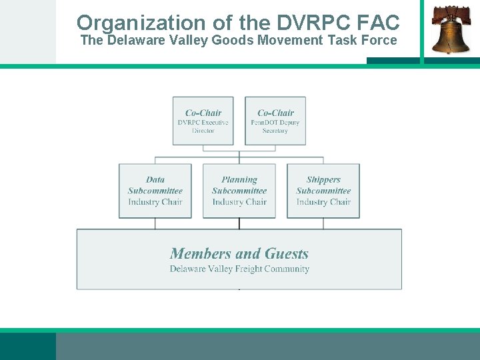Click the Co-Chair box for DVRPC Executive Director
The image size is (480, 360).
(x=203, y=121)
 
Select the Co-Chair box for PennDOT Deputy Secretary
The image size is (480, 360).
(x=275, y=121)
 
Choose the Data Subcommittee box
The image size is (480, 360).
(x=155, y=191)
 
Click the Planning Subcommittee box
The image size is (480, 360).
(x=239, y=191)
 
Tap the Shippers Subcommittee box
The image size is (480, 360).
(x=323, y=191)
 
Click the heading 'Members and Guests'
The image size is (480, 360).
(x=239, y=253)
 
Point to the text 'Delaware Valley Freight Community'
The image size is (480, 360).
(x=239, y=269)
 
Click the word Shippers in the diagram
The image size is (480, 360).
(x=323, y=179)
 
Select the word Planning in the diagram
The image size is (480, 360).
(x=239, y=179)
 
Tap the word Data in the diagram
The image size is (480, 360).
(x=155, y=179)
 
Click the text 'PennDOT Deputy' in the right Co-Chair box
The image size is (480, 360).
(x=275, y=123)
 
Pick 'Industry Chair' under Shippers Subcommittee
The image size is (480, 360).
(x=323, y=202)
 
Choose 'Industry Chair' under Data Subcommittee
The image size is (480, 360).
(x=155, y=202)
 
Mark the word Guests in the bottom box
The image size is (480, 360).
(x=287, y=253)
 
